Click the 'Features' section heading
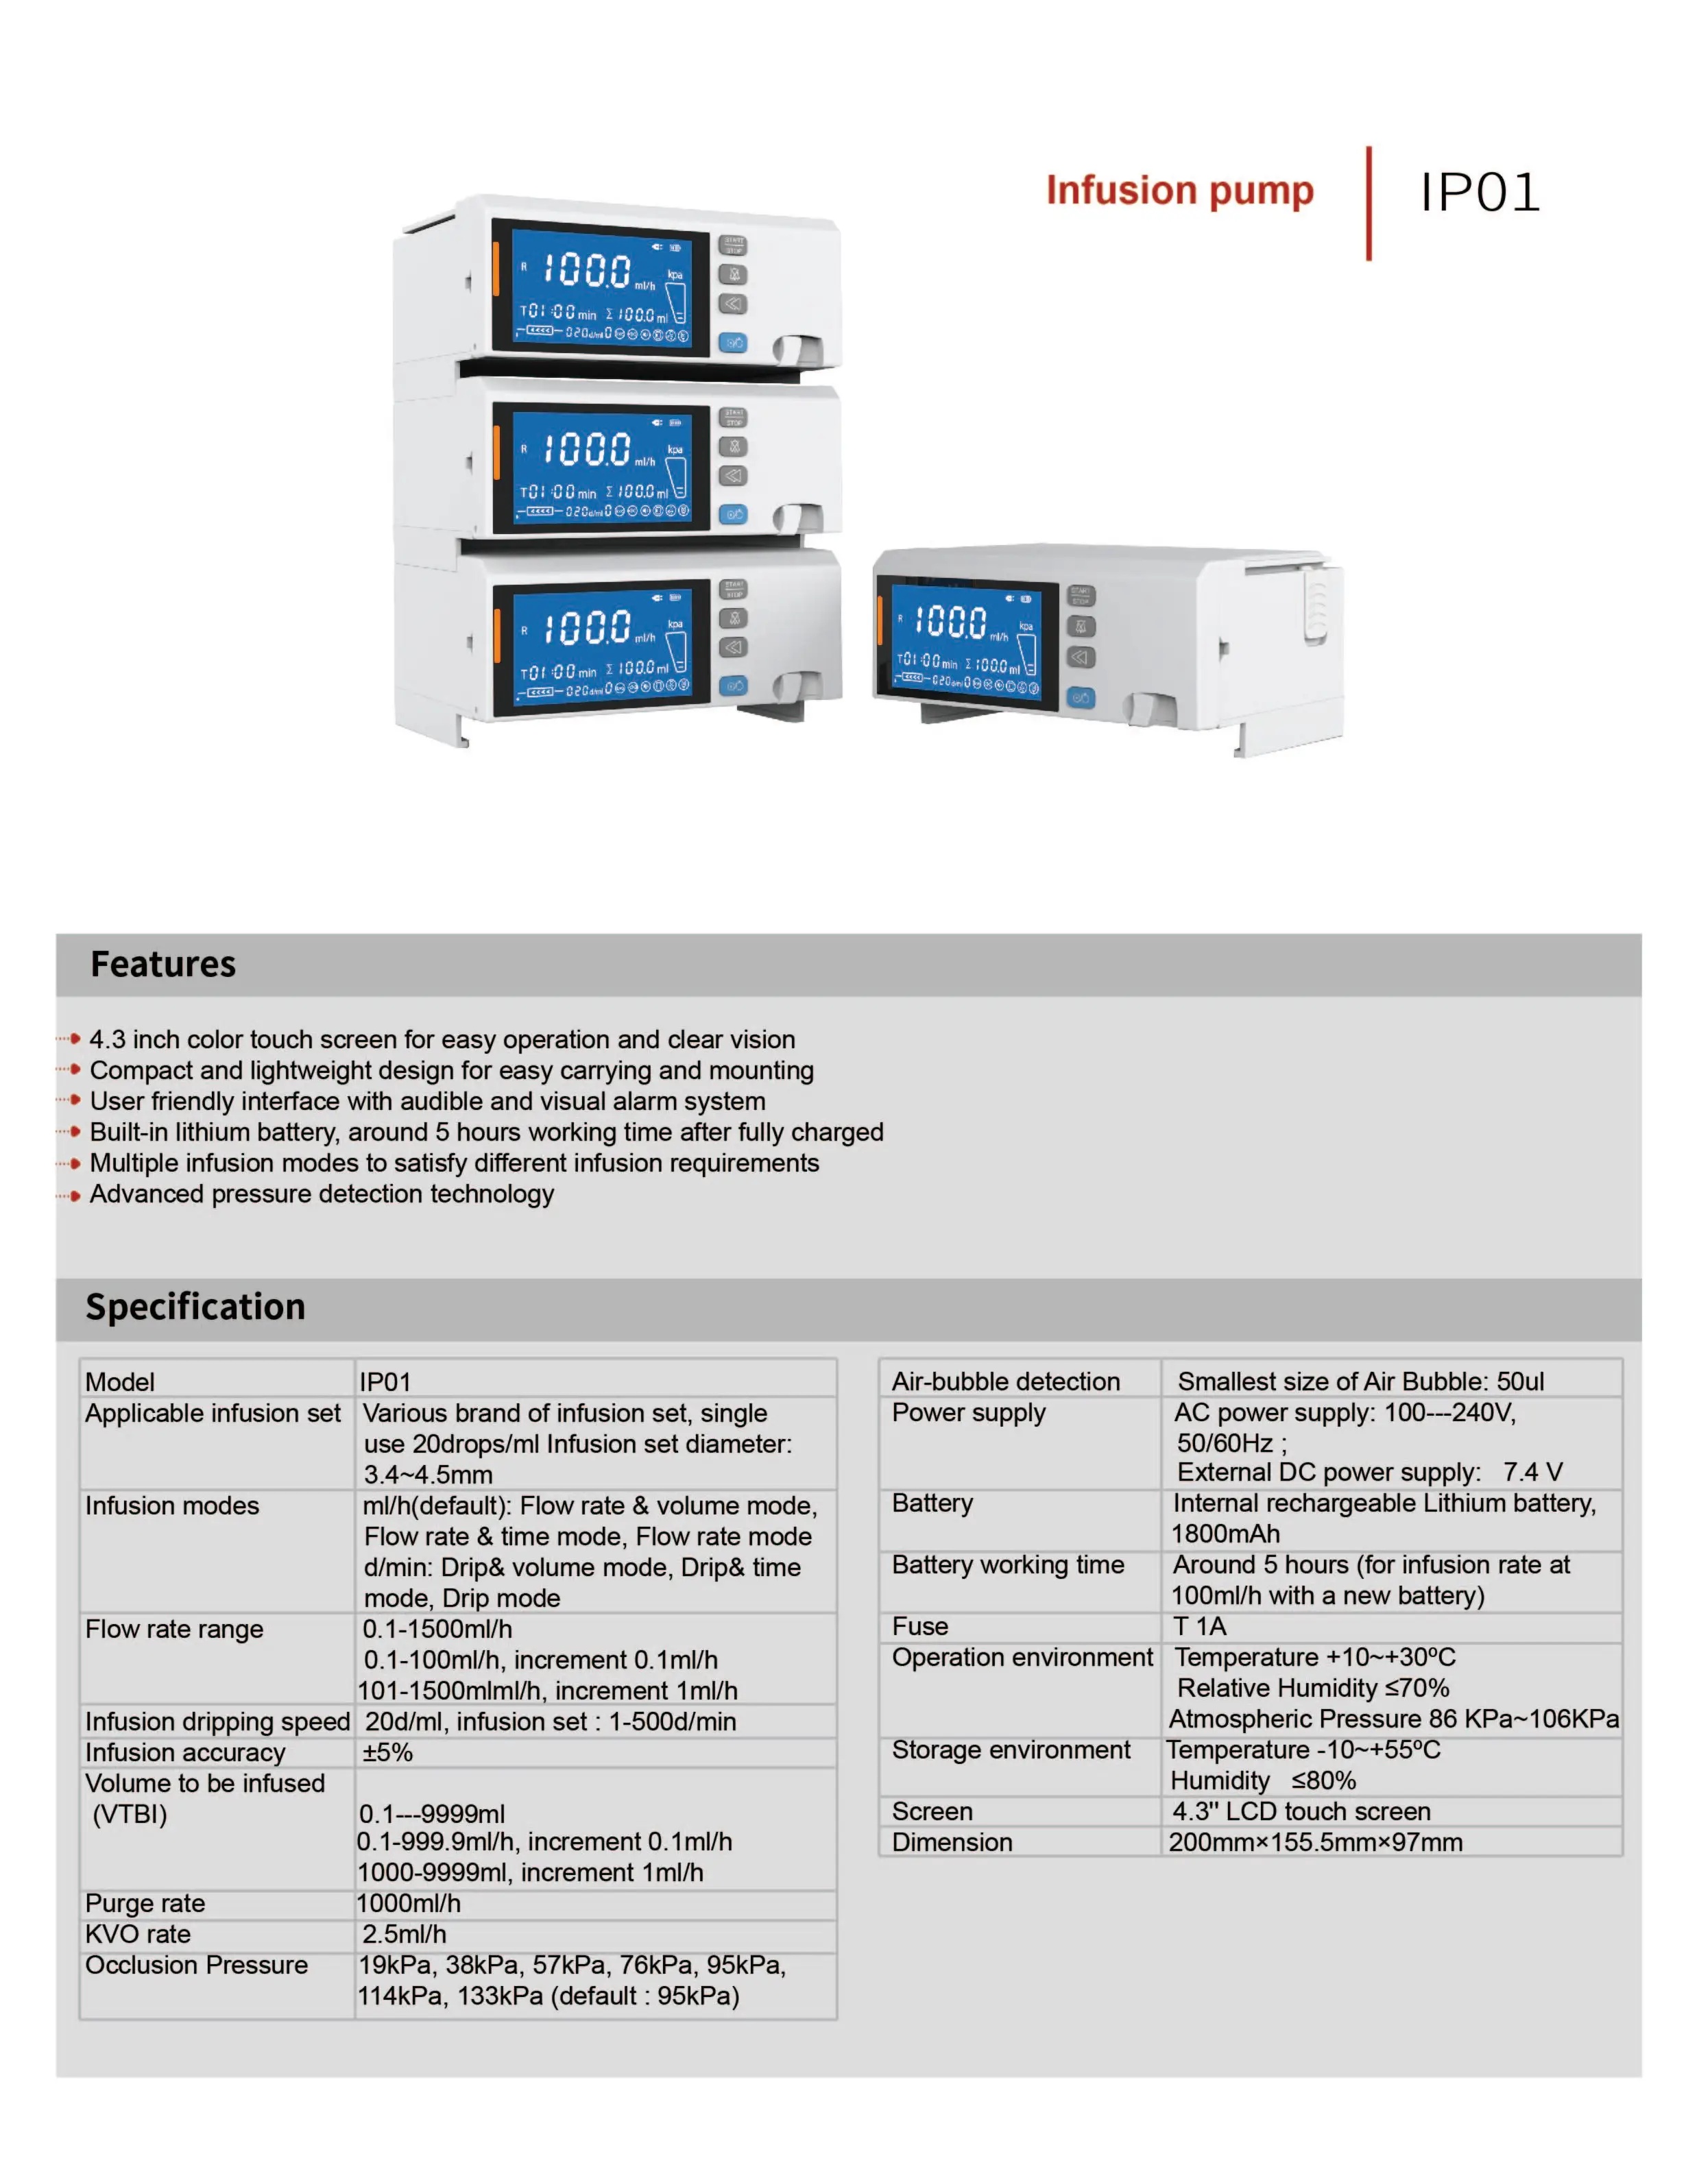click(x=163, y=964)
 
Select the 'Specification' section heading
click(x=195, y=1306)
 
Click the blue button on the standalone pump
click(x=1081, y=697)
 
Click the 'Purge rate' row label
click(x=145, y=1902)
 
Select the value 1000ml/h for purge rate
click(x=410, y=1902)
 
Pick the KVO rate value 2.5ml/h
click(x=405, y=1933)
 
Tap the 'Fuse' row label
click(x=920, y=1626)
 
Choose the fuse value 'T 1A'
click(x=1200, y=1626)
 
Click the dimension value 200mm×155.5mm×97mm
click(x=1315, y=1842)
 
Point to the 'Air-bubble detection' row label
click(x=1006, y=1381)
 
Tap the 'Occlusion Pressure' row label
click(x=196, y=1964)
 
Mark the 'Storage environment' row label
click(x=1011, y=1750)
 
